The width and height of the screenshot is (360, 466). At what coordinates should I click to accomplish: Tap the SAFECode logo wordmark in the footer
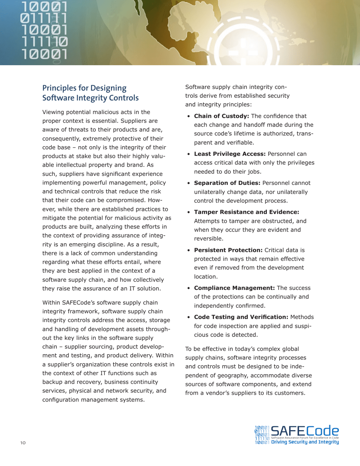305,430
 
